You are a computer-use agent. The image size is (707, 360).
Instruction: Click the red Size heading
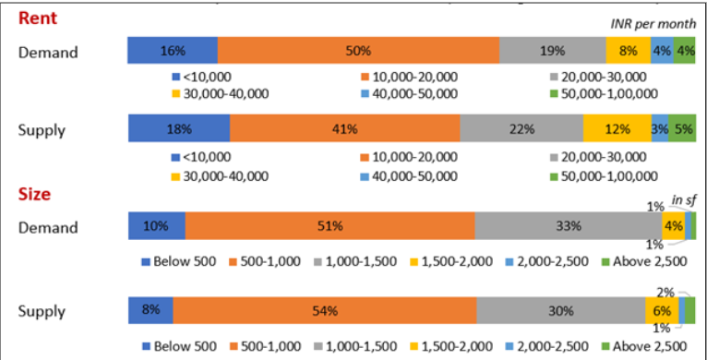[x=34, y=195]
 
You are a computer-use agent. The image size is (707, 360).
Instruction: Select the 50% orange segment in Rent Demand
[x=358, y=51]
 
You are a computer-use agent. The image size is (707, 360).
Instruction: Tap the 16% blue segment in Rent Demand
[x=173, y=51]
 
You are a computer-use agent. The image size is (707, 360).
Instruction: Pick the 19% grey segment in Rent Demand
[x=553, y=51]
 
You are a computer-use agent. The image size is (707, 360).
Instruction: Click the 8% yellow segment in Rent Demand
[x=628, y=51]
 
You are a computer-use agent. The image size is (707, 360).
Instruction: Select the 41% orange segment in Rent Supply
[x=344, y=129]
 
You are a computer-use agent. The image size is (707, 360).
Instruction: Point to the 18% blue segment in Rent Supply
[x=178, y=129]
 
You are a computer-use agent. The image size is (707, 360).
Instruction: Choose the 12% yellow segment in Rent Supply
[x=617, y=129]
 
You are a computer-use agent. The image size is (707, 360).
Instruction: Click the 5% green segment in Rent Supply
[x=682, y=129]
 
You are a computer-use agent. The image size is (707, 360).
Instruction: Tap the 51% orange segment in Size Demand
[x=330, y=226]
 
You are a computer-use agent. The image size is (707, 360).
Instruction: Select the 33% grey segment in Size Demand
[x=568, y=226]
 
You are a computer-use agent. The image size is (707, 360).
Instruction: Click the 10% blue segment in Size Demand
[x=156, y=226]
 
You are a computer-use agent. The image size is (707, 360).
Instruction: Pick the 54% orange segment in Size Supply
[x=324, y=311]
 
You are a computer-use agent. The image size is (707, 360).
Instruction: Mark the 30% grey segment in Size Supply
[x=560, y=311]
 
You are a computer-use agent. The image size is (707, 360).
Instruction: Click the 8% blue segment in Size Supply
[x=150, y=311]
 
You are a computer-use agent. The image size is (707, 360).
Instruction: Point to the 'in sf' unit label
[x=683, y=200]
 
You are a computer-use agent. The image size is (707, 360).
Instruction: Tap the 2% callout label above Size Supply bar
[x=664, y=292]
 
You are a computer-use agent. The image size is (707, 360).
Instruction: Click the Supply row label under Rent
[x=42, y=130]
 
